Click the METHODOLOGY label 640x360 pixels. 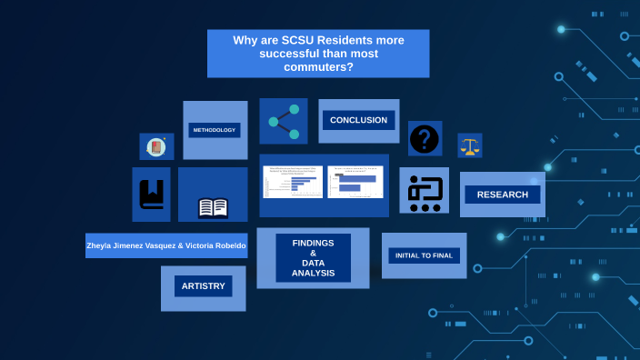(x=215, y=130)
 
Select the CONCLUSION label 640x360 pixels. (x=358, y=120)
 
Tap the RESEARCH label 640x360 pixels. (x=502, y=195)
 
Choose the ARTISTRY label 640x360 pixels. (x=203, y=286)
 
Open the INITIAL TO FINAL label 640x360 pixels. (x=424, y=255)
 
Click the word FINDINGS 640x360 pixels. (x=313, y=243)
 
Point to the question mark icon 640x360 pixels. (x=425, y=139)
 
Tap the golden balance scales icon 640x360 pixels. (x=469, y=145)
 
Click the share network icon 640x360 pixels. (x=284, y=121)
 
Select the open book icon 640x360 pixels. (x=213, y=208)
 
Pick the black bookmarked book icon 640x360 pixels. (x=151, y=194)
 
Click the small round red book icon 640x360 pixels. (x=155, y=146)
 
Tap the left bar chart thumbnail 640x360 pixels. (x=292, y=182)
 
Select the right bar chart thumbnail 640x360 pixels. (x=355, y=182)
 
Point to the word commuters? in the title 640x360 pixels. (x=318, y=66)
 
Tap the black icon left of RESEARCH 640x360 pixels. (x=424, y=192)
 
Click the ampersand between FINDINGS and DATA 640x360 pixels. (x=313, y=254)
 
